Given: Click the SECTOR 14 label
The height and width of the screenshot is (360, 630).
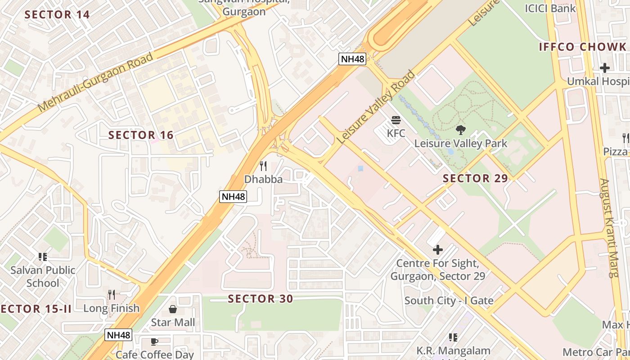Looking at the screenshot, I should pyautogui.click(x=57, y=14).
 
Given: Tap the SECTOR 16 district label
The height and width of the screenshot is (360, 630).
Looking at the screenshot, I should pyautogui.click(x=141, y=135).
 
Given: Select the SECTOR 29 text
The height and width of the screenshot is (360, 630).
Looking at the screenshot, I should pyautogui.click(x=475, y=178).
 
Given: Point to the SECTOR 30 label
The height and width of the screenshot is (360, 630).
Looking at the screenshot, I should pyautogui.click(x=260, y=299).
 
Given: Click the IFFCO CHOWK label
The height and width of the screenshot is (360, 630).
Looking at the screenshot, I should pyautogui.click(x=582, y=47).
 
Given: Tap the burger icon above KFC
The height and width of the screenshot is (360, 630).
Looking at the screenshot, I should pyautogui.click(x=396, y=120).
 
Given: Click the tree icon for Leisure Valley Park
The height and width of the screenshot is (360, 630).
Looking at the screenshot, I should pyautogui.click(x=460, y=130).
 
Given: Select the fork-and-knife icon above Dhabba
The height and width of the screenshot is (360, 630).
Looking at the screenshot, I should pyautogui.click(x=263, y=166).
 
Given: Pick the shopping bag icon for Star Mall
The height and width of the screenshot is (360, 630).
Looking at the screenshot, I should pyautogui.click(x=173, y=309).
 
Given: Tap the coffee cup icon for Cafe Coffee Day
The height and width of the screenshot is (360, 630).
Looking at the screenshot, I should pyautogui.click(x=154, y=342).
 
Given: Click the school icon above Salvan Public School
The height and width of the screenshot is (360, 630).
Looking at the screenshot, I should pyautogui.click(x=43, y=257).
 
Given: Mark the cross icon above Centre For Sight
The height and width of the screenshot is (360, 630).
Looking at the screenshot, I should pyautogui.click(x=437, y=249).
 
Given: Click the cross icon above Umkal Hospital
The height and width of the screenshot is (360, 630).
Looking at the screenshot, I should pyautogui.click(x=604, y=68).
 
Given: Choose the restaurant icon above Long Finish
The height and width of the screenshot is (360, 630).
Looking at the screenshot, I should pyautogui.click(x=112, y=295).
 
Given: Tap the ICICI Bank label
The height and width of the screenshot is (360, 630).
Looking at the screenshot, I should pyautogui.click(x=550, y=8).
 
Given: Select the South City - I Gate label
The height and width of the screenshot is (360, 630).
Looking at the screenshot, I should pyautogui.click(x=449, y=301).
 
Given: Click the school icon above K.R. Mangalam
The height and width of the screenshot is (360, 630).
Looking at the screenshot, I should pyautogui.click(x=453, y=337).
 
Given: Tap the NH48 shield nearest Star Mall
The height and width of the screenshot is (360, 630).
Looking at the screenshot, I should pyautogui.click(x=119, y=335).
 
